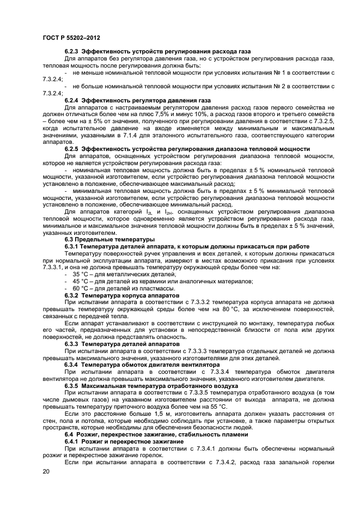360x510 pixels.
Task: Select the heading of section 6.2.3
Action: coord(157,51)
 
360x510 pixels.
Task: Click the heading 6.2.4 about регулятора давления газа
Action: coord(137,101)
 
